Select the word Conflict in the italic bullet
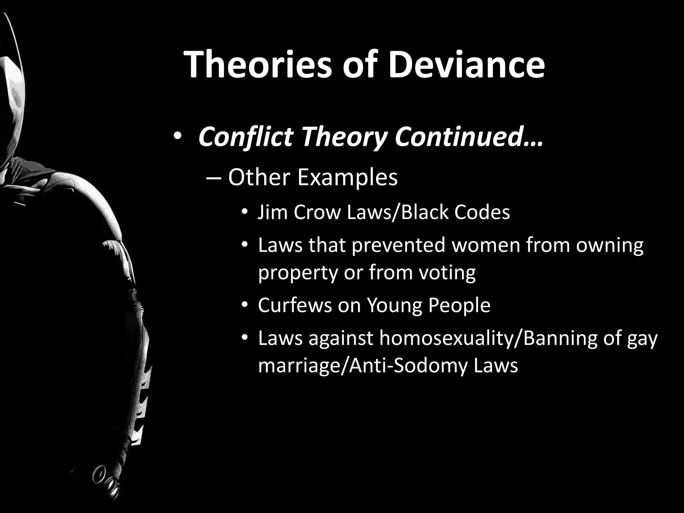tap(245, 137)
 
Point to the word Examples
tap(347, 177)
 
